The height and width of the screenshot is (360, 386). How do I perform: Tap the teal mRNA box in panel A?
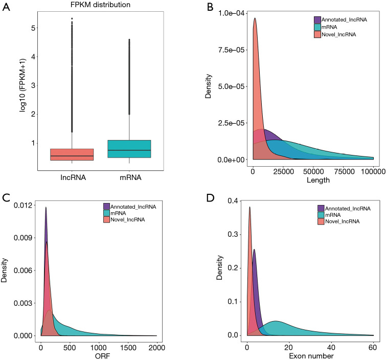[x=128, y=148]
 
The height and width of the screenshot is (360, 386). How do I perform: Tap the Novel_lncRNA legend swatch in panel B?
[x=317, y=34]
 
